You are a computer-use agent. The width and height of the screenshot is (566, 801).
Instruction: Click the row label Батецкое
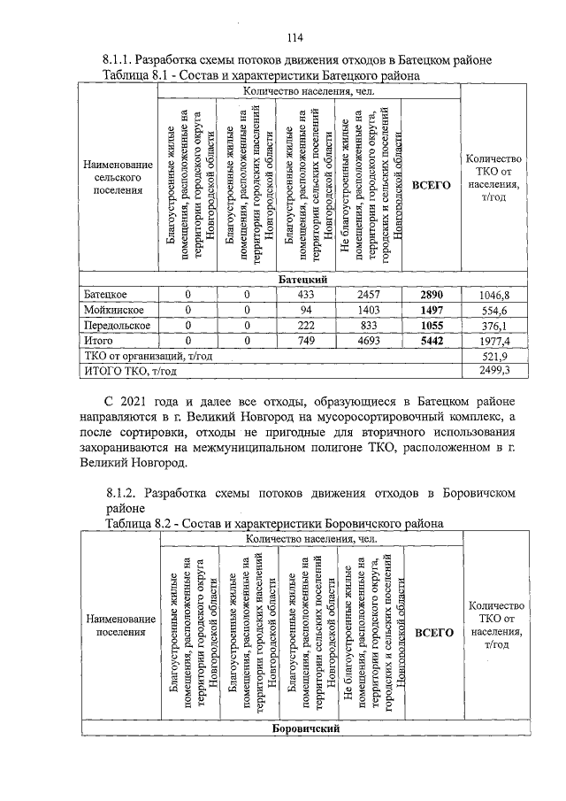[109, 295]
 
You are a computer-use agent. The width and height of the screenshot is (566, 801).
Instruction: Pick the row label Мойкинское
[115, 310]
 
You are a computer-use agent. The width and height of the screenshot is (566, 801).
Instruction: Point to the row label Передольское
[119, 325]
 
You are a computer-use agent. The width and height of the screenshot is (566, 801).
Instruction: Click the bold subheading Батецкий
[305, 280]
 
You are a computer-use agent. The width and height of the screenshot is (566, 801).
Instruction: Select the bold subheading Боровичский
[305, 730]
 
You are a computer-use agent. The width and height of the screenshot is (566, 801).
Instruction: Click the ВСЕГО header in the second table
[434, 633]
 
